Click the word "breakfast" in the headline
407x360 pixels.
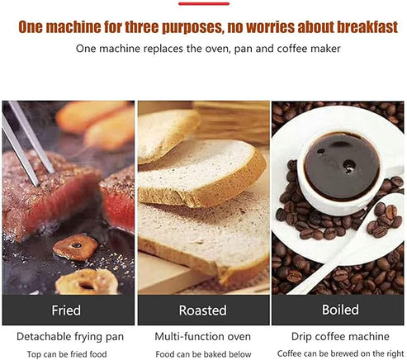tap(367, 26)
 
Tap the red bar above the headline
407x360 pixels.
tap(204, 3)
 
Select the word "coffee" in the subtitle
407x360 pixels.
tap(292, 49)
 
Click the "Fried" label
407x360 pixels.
tap(66, 310)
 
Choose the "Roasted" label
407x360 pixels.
tap(203, 310)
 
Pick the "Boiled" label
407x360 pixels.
tap(340, 310)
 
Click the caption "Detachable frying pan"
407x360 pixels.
tap(70, 337)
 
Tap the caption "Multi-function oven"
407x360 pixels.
tap(203, 337)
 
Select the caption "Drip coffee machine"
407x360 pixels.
tap(340, 337)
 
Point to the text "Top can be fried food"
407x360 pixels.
tap(67, 354)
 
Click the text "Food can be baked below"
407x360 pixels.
tap(203, 354)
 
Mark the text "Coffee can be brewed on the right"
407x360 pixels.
tap(340, 353)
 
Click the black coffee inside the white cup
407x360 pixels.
tap(341, 166)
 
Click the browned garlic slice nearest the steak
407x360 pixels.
tap(75, 247)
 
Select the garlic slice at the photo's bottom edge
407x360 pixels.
tap(87, 282)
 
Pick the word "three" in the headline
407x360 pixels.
tap(141, 27)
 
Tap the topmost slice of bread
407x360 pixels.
tap(168, 135)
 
